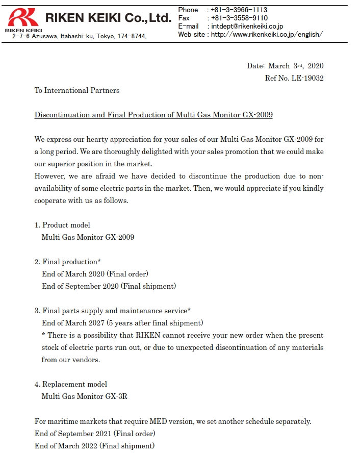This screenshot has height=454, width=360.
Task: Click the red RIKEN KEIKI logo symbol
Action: pyautogui.click(x=23, y=18)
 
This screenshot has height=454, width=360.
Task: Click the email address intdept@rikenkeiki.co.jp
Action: pyautogui.click(x=247, y=26)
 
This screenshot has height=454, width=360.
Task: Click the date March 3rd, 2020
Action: pyautogui.click(x=296, y=66)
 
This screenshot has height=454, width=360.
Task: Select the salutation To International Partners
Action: pyautogui.click(x=77, y=90)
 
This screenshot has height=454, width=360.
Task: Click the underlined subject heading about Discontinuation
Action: pyautogui.click(x=153, y=115)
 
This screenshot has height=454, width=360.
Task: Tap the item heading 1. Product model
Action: pyautogui.click(x=62, y=225)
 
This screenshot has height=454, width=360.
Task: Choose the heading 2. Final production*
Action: pyautogui.click(x=67, y=262)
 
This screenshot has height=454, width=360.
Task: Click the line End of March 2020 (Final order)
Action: pyautogui.click(x=95, y=274)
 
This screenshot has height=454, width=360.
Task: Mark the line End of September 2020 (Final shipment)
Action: pyautogui.click(x=109, y=286)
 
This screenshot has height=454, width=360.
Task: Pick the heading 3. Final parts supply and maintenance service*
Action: pyautogui.click(x=113, y=311)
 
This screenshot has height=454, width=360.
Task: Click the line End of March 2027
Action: pyautogui.click(x=122, y=323)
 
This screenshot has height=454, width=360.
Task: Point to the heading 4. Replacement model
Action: pyautogui.click(x=71, y=384)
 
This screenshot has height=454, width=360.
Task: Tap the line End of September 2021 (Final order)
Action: pyautogui.click(x=95, y=434)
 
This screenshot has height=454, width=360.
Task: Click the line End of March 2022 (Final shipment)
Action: pyautogui.click(x=94, y=446)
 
